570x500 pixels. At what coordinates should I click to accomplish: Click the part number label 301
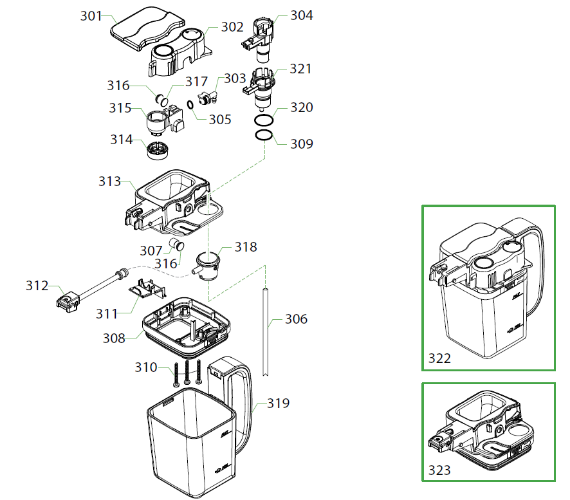pyautogui.click(x=91, y=15)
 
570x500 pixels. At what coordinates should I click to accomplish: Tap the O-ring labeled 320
pyautogui.click(x=263, y=121)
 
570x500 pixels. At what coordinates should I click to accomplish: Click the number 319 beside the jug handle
pyautogui.click(x=278, y=403)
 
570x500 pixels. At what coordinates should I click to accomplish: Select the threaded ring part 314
pyautogui.click(x=158, y=150)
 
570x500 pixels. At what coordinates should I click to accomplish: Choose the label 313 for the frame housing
pyautogui.click(x=109, y=181)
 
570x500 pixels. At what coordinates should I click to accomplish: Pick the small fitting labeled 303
pyautogui.click(x=207, y=97)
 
